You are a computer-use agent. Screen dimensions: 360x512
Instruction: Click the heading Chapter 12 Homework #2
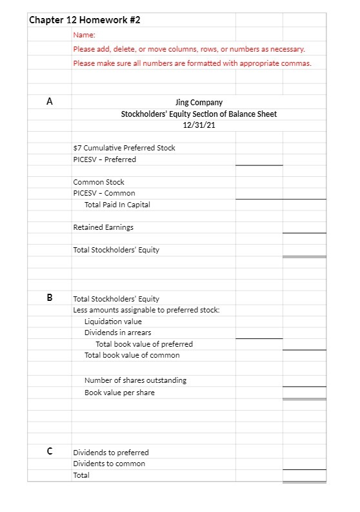pyautogui.click(x=85, y=20)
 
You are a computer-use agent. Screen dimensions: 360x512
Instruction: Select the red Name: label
pyautogui.click(x=84, y=35)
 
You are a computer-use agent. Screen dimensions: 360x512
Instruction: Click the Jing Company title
pyautogui.click(x=199, y=103)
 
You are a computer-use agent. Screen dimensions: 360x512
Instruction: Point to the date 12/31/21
pyautogui.click(x=199, y=125)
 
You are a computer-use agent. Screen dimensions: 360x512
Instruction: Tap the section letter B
pyautogui.click(x=50, y=298)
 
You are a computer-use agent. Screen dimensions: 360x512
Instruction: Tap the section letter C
pyautogui.click(x=50, y=451)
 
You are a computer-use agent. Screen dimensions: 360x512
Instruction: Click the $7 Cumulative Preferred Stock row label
pyautogui.click(x=124, y=148)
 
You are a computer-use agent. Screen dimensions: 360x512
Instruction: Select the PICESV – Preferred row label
pyautogui.click(x=105, y=159)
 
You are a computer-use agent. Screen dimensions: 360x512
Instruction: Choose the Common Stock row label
pyautogui.click(x=99, y=182)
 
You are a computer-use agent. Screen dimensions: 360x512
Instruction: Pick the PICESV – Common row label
pyautogui.click(x=104, y=193)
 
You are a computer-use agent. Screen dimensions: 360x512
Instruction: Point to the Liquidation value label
pyautogui.click(x=113, y=322)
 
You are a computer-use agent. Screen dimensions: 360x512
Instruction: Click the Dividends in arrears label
pyautogui.click(x=118, y=333)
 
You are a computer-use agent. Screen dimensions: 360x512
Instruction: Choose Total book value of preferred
pyautogui.click(x=144, y=344)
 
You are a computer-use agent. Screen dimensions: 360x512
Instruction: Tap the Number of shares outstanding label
pyautogui.click(x=135, y=380)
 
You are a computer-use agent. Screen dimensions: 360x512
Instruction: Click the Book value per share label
pyautogui.click(x=119, y=393)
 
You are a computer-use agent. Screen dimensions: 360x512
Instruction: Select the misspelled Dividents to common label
pyautogui.click(x=109, y=464)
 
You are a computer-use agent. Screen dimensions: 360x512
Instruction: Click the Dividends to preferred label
pyautogui.click(x=111, y=453)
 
